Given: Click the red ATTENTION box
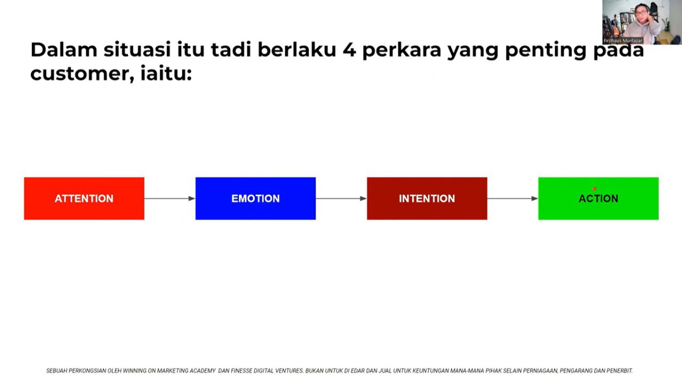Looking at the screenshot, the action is (x=84, y=199).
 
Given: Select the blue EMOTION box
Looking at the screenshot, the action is (x=255, y=199).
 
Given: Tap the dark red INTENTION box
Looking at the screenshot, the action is (x=427, y=199).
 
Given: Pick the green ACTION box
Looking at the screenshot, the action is (x=598, y=199).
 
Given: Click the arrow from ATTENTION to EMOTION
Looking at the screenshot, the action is (x=169, y=199).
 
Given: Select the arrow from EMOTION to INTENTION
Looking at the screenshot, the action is (x=341, y=199).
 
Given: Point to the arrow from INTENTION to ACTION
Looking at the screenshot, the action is (x=513, y=199).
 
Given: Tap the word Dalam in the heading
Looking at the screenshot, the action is (x=64, y=50).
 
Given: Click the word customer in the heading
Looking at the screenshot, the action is (x=82, y=74).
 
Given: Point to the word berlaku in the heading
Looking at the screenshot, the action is (x=297, y=50).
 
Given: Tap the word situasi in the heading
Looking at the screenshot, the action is (x=137, y=50).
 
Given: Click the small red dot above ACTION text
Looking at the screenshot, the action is (x=594, y=189).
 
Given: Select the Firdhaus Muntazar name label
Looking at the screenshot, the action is (x=623, y=40).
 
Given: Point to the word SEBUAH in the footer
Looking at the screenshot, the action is (x=56, y=371).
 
